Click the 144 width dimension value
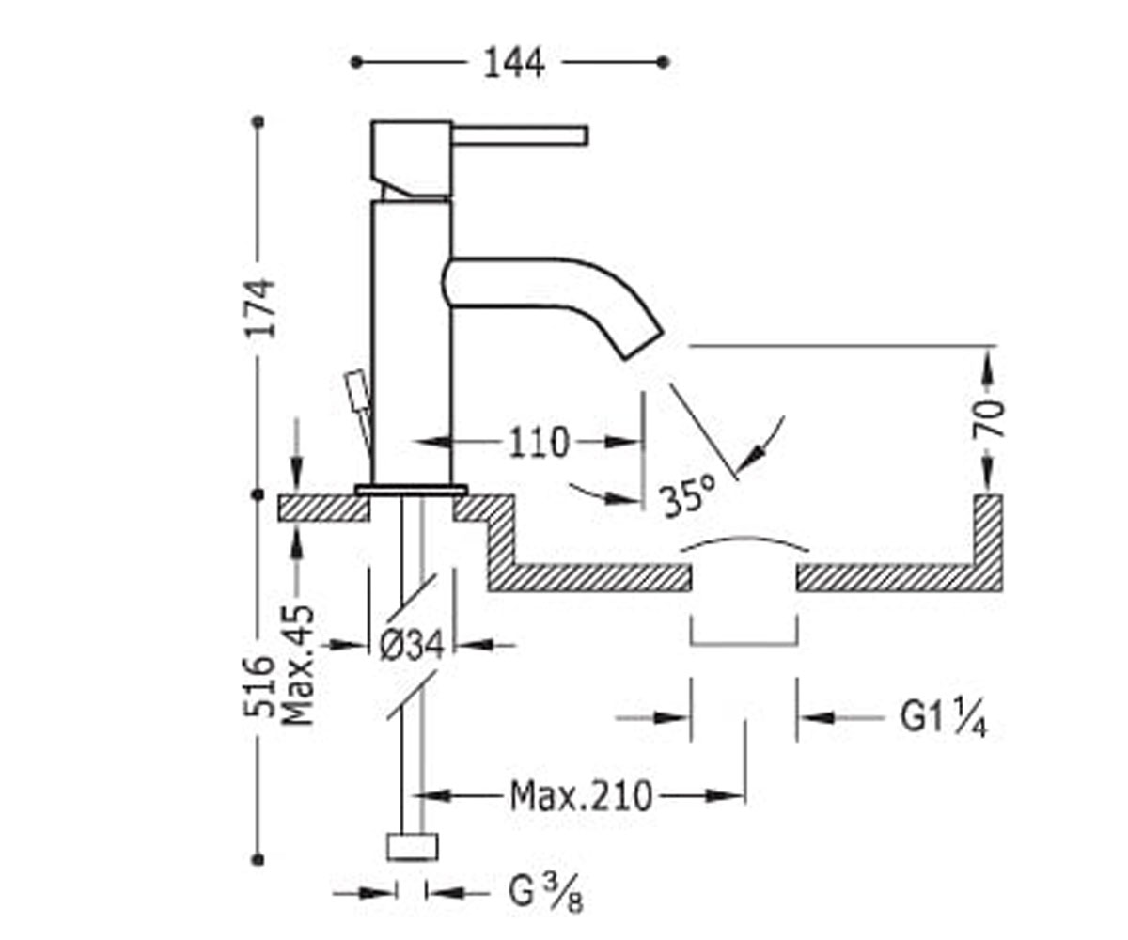pyautogui.click(x=514, y=63)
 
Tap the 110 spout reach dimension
pyautogui.click(x=539, y=443)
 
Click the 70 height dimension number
pyautogui.click(x=988, y=418)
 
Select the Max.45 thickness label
pyautogui.click(x=298, y=666)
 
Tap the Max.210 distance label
pyautogui.click(x=581, y=796)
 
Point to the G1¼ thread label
pyautogui.click(x=943, y=718)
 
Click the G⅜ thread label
pyautogui.click(x=545, y=894)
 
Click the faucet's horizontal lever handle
pyautogui.click(x=519, y=135)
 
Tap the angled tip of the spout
pyautogui.click(x=643, y=342)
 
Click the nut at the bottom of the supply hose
pyautogui.click(x=413, y=847)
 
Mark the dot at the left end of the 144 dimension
pyautogui.click(x=356, y=63)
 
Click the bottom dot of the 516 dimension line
pyautogui.click(x=258, y=859)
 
